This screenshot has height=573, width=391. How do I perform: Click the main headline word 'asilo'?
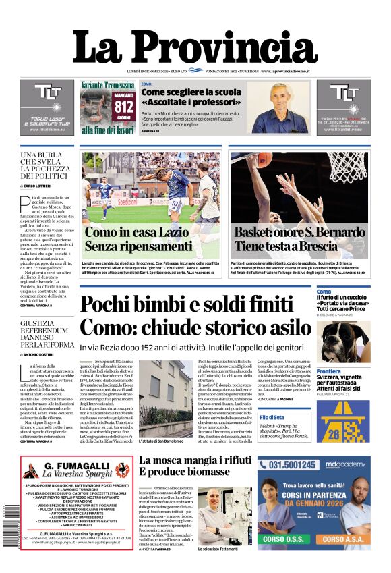284,327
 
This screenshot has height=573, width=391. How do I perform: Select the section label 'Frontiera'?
329,371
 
